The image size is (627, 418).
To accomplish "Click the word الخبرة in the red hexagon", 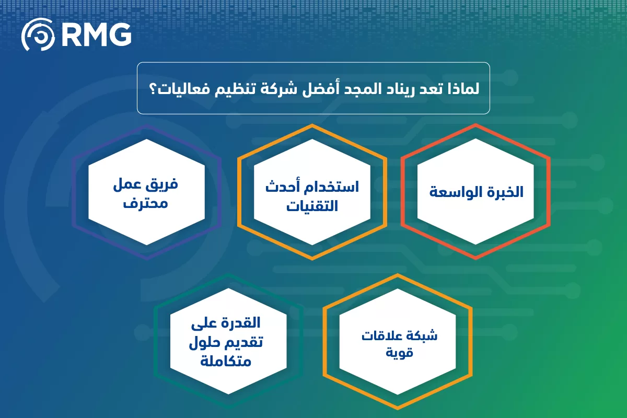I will pyautogui.click(x=504, y=192).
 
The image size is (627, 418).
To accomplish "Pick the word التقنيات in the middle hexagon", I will pyautogui.click(x=312, y=206).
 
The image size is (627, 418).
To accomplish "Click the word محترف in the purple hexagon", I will pyautogui.click(x=146, y=203).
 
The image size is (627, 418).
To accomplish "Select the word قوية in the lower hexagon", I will pyautogui.click(x=399, y=353).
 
